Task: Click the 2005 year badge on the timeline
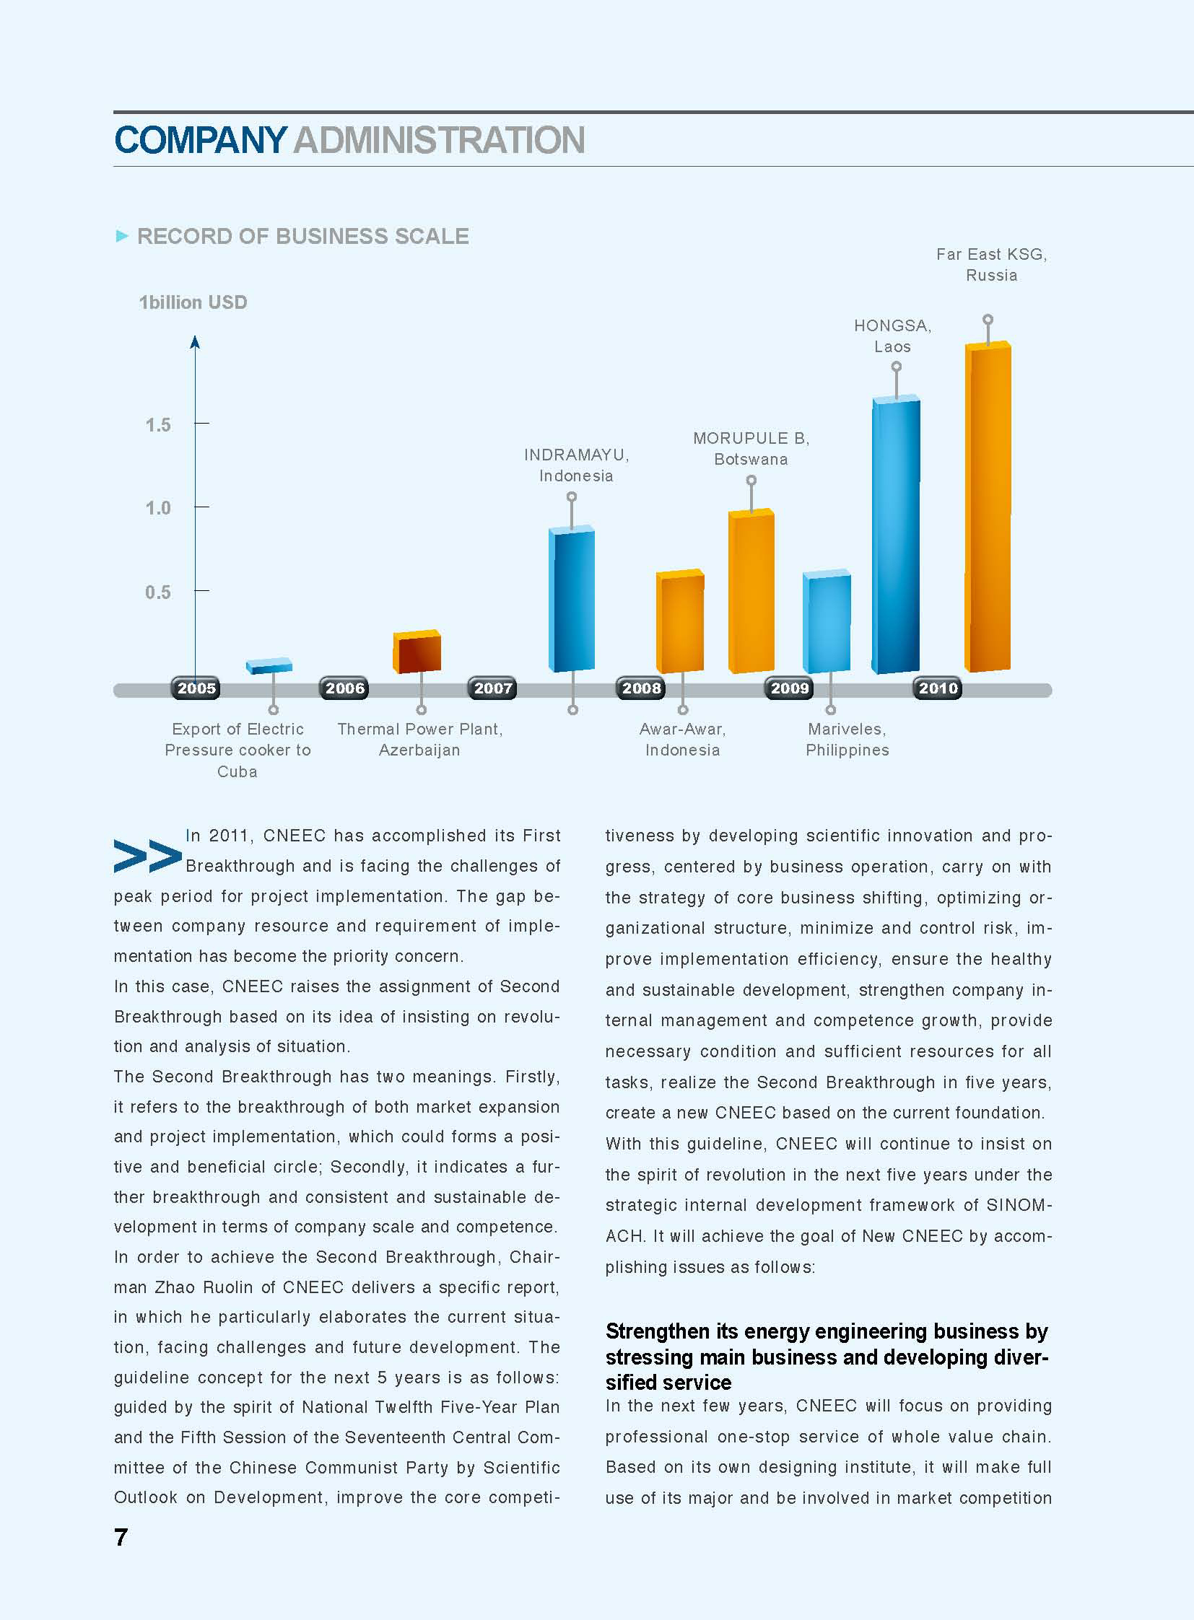tap(196, 688)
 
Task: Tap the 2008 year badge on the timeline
tap(642, 688)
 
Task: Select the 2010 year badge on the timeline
tap(938, 688)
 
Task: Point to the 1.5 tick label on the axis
tap(158, 425)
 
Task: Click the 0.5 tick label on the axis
tap(158, 592)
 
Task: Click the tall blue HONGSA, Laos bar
tap(897, 535)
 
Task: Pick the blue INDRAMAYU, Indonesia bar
tap(572, 600)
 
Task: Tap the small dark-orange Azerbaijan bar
tap(417, 652)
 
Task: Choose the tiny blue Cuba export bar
tap(269, 665)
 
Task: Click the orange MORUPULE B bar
tap(751, 591)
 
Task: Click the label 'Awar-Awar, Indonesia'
tap(682, 739)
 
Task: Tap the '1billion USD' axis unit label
tap(193, 302)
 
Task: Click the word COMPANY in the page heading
tap(201, 140)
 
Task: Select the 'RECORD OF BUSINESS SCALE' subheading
tap(303, 236)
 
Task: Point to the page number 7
tap(121, 1537)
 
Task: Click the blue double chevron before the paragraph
tap(148, 857)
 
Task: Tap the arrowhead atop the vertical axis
tap(194, 342)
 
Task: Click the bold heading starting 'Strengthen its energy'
tap(827, 1357)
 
